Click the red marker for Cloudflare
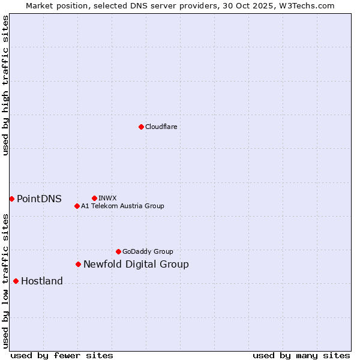[x=141, y=127]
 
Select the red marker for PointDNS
[x=11, y=199]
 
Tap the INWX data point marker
[x=94, y=198]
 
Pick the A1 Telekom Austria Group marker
[x=77, y=206]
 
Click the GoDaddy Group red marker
[x=118, y=251]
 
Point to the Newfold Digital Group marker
[x=78, y=264]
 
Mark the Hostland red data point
[x=16, y=281]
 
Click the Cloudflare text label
[x=161, y=127]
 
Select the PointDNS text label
[x=39, y=199]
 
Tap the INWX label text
[x=107, y=198]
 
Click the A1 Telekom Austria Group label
[x=122, y=206]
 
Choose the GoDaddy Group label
[x=148, y=251]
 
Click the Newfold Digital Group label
[x=136, y=265]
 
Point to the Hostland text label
[x=42, y=281]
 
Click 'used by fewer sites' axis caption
[x=62, y=355]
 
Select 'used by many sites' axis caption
[x=301, y=355]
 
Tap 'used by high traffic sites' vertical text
[x=5, y=86]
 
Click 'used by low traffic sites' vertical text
[x=5, y=281]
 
